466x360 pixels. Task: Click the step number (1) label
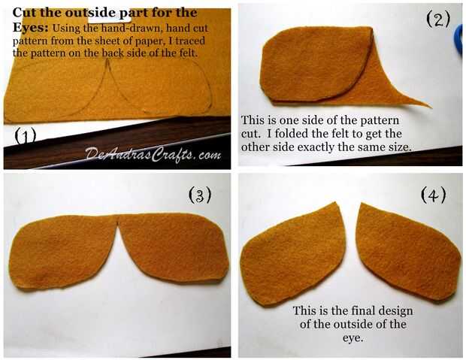tap(25, 136)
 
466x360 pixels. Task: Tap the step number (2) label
tap(438, 19)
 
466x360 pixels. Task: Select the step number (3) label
tap(201, 195)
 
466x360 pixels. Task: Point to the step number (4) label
tap(434, 195)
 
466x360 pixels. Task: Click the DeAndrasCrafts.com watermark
tap(153, 154)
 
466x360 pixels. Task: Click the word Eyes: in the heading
tap(30, 28)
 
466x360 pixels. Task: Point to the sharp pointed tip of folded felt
tap(430, 107)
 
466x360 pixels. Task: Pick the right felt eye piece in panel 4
tap(407, 253)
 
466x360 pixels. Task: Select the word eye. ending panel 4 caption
tap(353, 337)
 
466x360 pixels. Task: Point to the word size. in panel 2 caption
tap(398, 147)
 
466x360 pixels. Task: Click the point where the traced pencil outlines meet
tap(108, 60)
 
